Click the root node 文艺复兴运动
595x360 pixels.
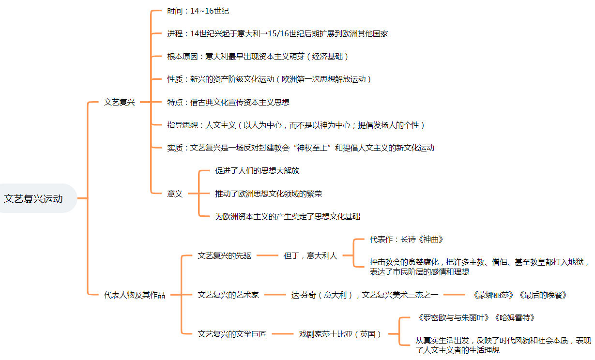coord(33,198)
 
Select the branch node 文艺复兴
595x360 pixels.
coord(119,102)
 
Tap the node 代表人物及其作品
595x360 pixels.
coord(134,295)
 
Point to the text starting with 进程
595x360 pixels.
coord(277,33)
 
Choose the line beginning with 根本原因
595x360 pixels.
coord(258,56)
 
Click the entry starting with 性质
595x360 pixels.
coord(269,79)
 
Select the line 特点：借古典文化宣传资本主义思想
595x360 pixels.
coord(228,102)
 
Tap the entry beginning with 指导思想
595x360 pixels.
coord(296,125)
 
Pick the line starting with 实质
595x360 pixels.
coord(300,148)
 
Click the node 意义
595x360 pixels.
coord(175,194)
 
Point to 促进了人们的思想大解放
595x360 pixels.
coord(257,170)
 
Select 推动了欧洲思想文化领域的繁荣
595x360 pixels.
coord(268,194)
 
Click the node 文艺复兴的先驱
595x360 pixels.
coord(224,255)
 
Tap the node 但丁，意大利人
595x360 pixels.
coord(310,255)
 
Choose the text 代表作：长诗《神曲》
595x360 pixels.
coord(406,239)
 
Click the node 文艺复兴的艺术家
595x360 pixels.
coord(228,295)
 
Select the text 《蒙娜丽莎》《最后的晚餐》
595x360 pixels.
coord(519,295)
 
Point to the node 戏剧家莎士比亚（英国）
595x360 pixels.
coord(340,334)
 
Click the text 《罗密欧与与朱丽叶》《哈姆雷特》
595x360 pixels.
coord(475,318)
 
